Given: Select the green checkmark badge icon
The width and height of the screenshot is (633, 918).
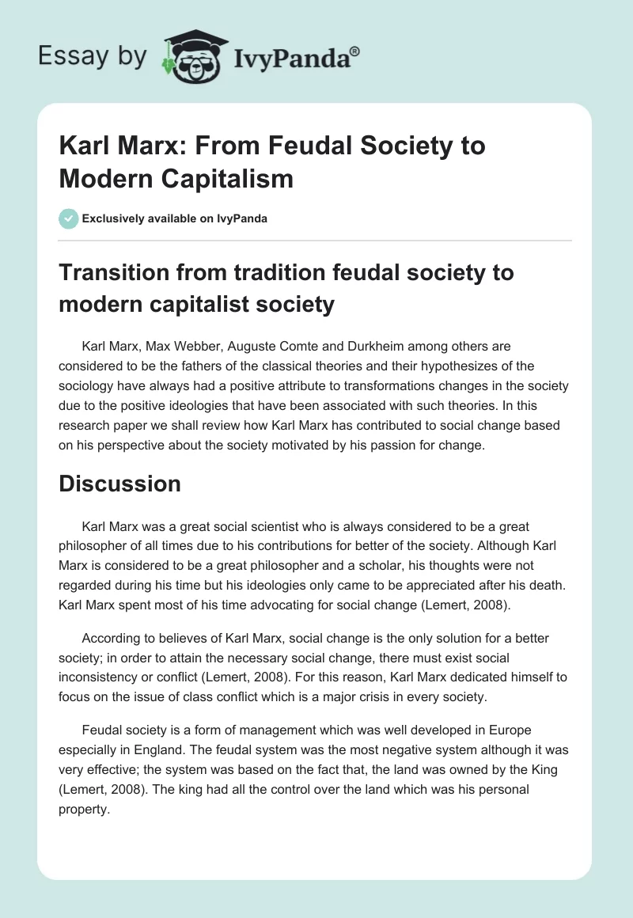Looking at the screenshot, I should click(68, 218).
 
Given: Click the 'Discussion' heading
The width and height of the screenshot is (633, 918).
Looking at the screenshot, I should click(119, 484).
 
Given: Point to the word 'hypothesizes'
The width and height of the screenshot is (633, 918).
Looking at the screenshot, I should click(458, 365).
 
